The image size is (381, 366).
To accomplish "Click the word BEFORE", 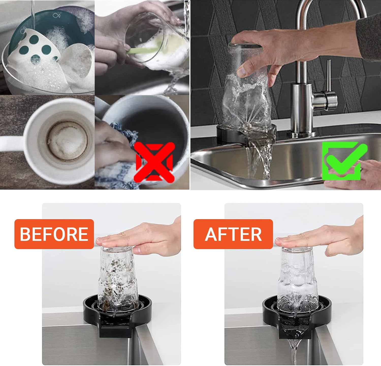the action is click(x=54, y=234).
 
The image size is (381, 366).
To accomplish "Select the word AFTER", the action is click(x=233, y=234).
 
